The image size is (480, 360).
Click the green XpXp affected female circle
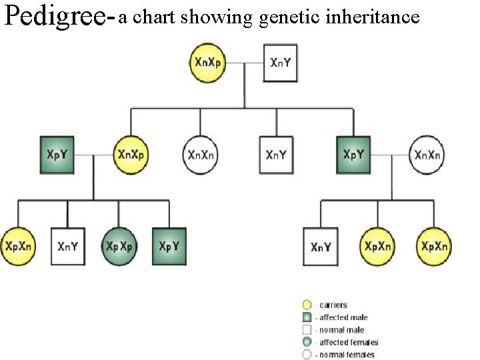click(119, 246)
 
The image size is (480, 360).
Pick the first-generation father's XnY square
click(279, 63)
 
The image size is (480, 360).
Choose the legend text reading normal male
click(342, 329)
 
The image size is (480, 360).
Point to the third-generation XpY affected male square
click(169, 246)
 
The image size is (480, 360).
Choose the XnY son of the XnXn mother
click(321, 246)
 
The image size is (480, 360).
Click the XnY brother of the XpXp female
click(68, 246)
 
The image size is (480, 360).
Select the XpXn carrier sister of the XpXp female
click(18, 246)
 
